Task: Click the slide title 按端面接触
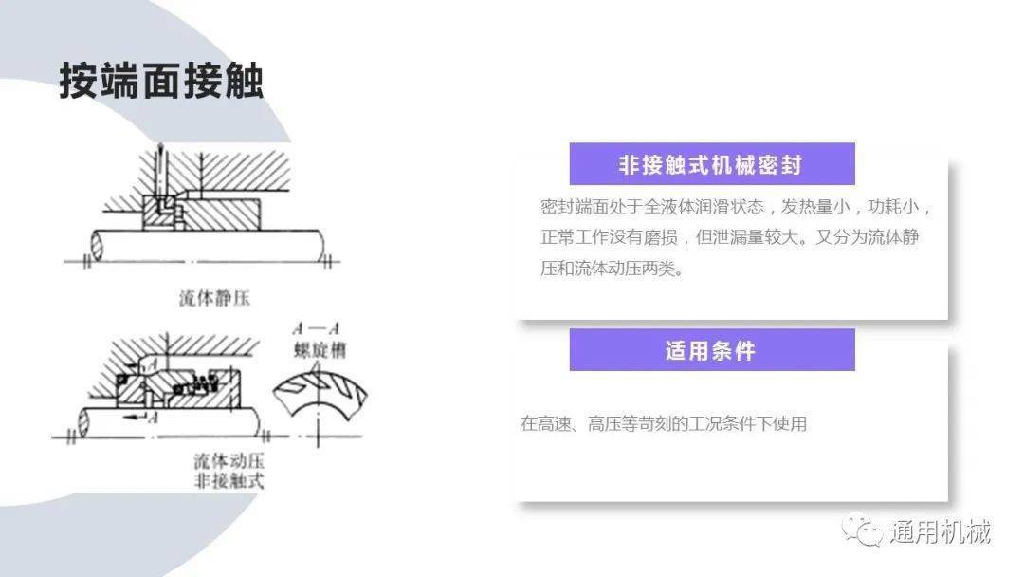click(161, 81)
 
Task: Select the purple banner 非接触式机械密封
click(712, 164)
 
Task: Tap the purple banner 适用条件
click(712, 350)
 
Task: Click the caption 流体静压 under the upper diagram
click(214, 299)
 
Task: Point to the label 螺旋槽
click(320, 350)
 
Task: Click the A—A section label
click(317, 328)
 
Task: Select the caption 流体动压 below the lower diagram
click(229, 460)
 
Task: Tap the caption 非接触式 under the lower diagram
click(229, 481)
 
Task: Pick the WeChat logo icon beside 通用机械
click(863, 529)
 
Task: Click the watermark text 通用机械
click(941, 531)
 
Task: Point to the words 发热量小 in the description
click(815, 207)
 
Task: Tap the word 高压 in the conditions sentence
click(605, 423)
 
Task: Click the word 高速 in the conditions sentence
click(554, 423)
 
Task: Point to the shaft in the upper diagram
click(208, 246)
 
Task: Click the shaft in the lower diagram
click(171, 422)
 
